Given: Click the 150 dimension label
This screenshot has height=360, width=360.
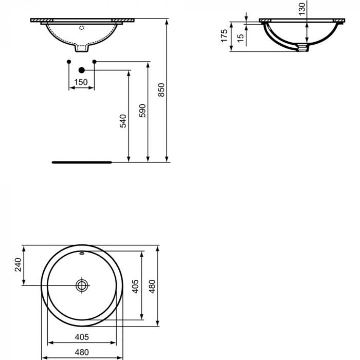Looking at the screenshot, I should pos(81,82).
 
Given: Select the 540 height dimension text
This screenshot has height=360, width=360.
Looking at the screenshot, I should pos(123,121).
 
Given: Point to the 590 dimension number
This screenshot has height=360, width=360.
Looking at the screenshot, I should pos(143,111).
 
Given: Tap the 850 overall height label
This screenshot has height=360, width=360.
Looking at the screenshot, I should pos(162,90).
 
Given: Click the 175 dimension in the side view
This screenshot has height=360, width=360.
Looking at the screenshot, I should pos(224,36).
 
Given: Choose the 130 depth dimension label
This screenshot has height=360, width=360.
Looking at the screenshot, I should pos(301,7).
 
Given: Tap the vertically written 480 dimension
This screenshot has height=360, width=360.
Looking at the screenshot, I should pos(152,286).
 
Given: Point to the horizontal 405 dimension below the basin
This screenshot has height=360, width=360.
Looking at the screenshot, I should pos(81,337).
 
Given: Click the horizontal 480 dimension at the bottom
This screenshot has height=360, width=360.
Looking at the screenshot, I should pos(81,353).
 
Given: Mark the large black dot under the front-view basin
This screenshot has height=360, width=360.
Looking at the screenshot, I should pos(81,69).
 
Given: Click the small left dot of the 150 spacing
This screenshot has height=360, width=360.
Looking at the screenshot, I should pos(69,62).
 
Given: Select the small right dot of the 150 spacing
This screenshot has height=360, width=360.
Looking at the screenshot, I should pos(94,62).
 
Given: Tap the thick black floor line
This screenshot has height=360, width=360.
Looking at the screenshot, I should pos(81,162).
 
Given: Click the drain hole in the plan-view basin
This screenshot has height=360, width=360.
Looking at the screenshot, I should pos(82,284).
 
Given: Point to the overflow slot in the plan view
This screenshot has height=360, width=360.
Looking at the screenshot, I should pos(82,254).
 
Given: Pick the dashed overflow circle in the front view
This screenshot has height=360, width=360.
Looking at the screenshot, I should pos(81,28).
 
